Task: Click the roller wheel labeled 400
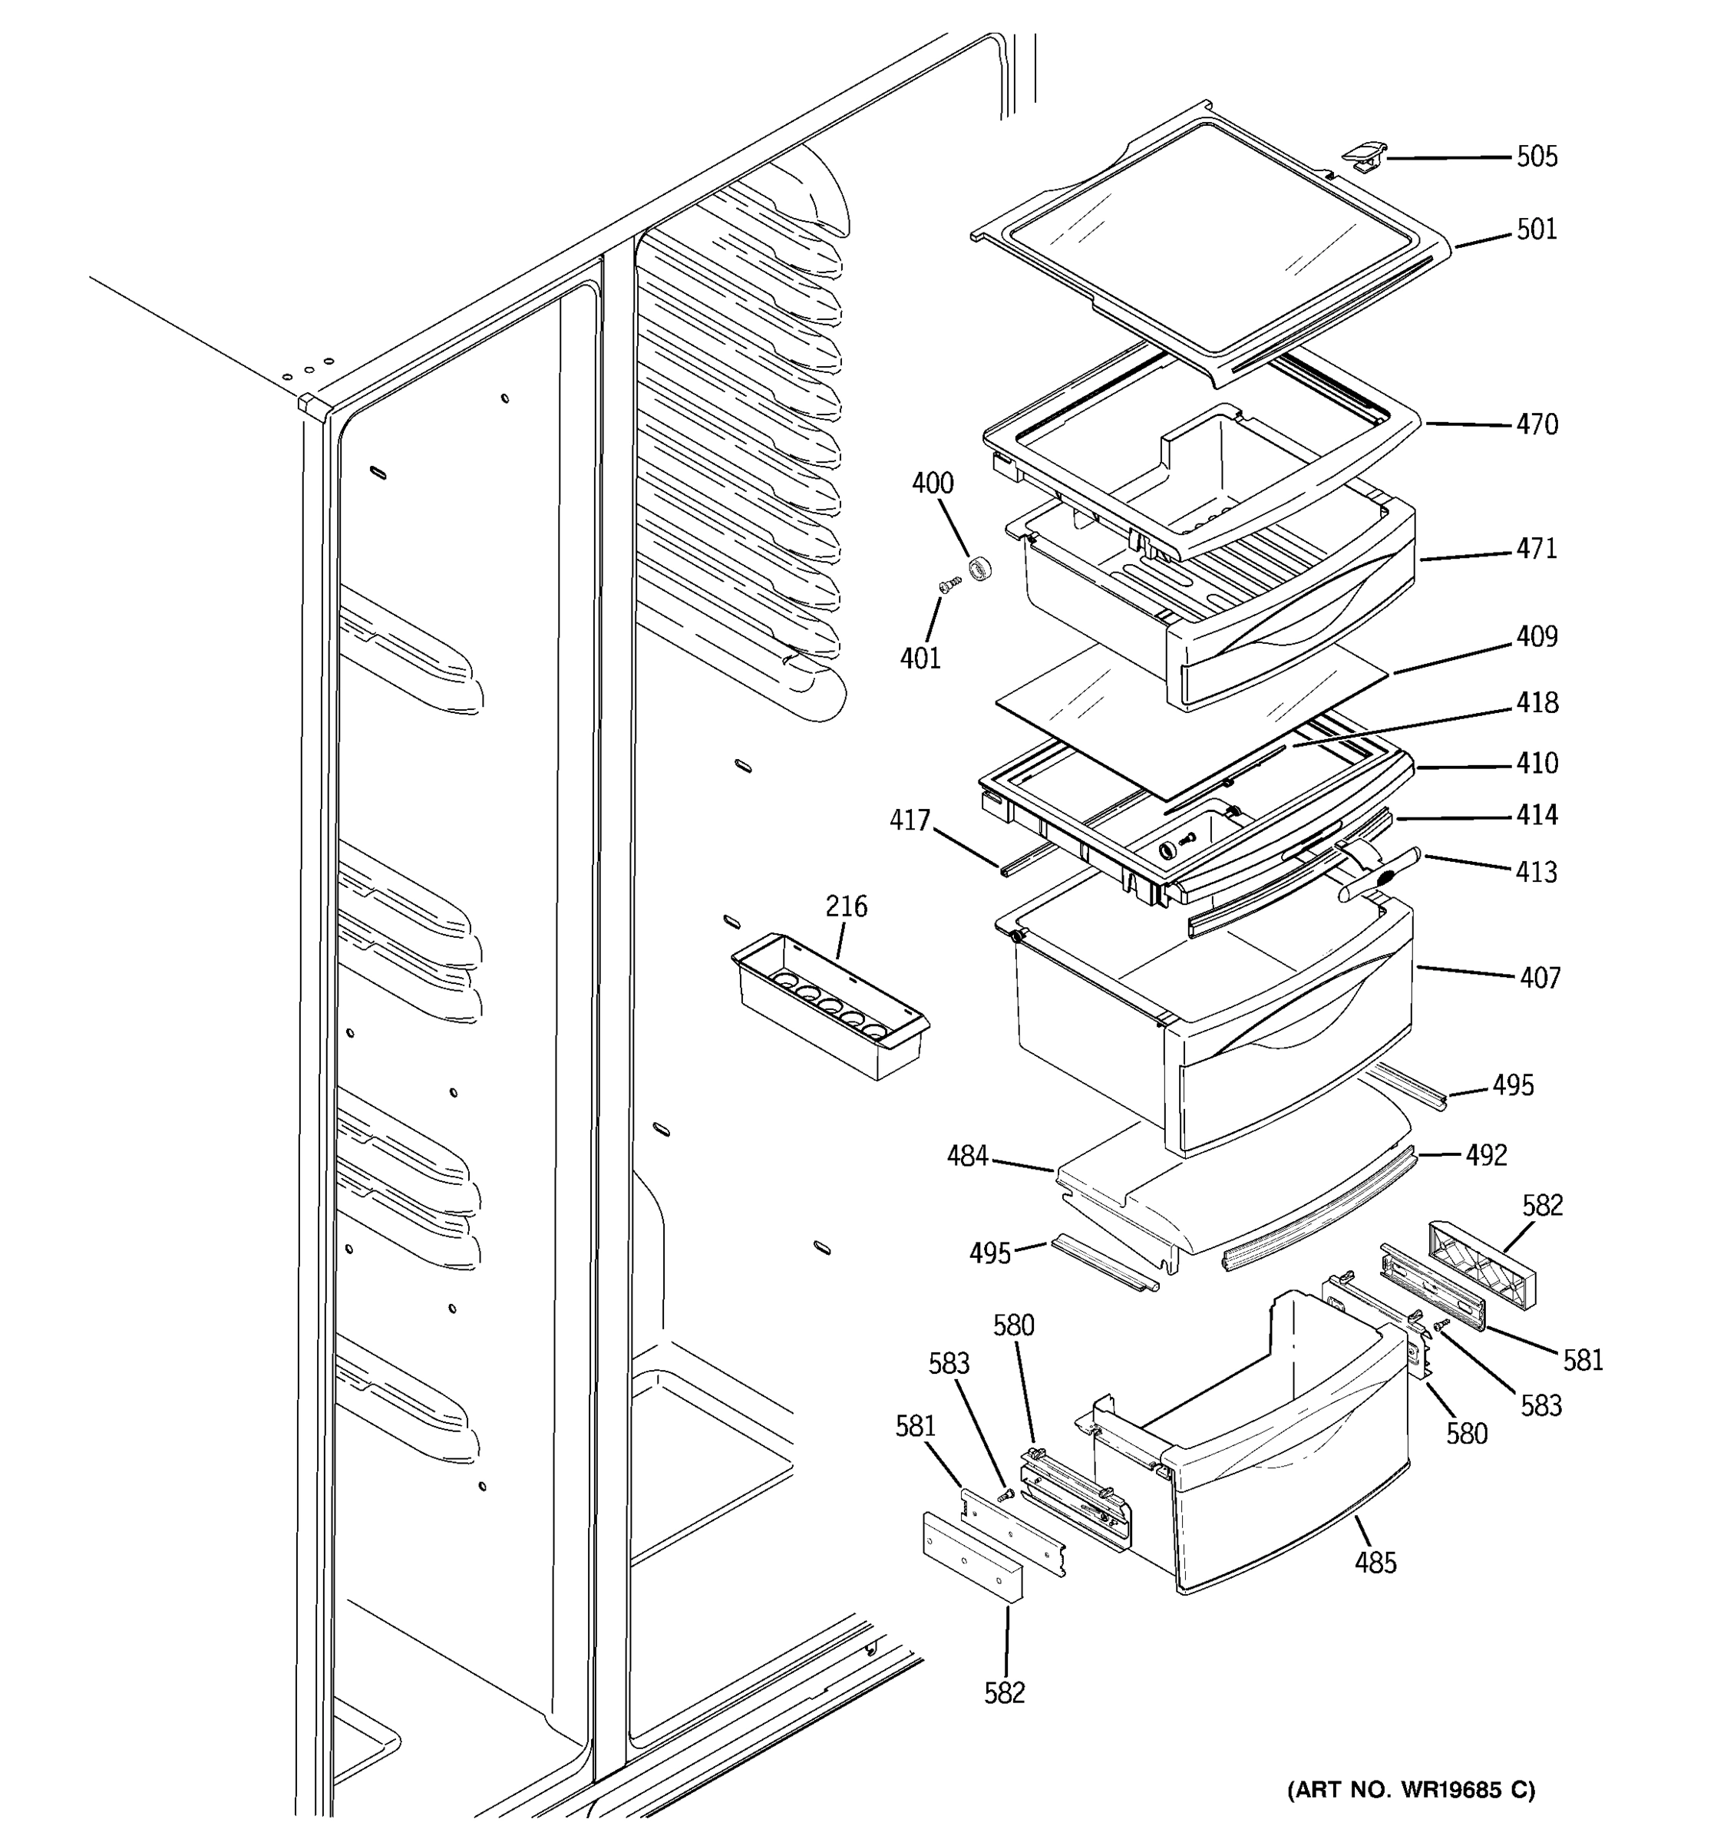(x=979, y=569)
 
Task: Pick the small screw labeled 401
(x=949, y=585)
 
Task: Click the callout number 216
(x=846, y=906)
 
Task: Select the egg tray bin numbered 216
(x=829, y=1010)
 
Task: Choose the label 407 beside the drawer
(x=1539, y=978)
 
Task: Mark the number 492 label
(x=1486, y=1154)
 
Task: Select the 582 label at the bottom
(x=1004, y=1693)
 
